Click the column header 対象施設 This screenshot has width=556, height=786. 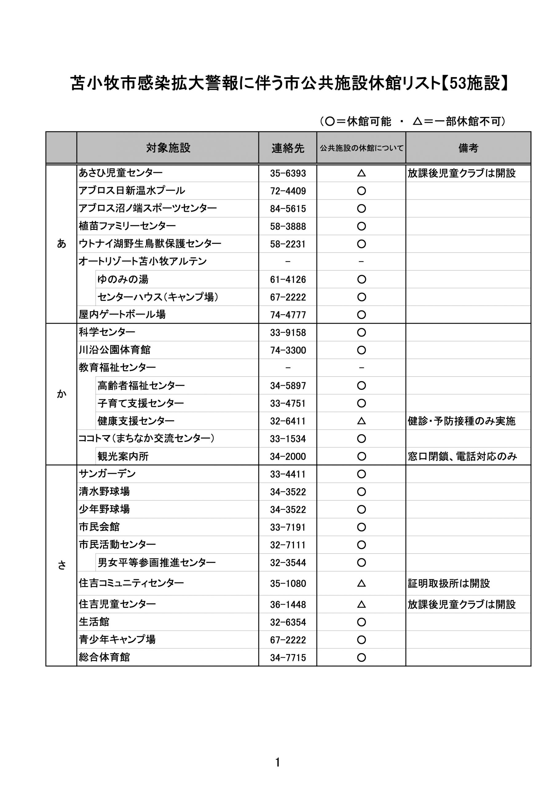(168, 148)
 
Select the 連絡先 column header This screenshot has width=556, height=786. (288, 148)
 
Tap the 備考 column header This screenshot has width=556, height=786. (468, 148)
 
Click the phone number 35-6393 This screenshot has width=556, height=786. (288, 173)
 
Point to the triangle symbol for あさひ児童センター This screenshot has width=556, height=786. (361, 173)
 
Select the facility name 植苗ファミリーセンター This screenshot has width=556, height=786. (127, 226)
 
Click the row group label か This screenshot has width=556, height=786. (61, 394)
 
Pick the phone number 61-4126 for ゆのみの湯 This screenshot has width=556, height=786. (288, 280)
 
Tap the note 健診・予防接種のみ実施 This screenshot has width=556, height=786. (461, 421)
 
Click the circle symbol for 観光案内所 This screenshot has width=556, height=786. (361, 456)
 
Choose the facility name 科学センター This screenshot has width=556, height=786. (107, 332)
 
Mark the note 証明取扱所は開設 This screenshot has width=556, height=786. (449, 583)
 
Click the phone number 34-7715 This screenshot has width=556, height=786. (288, 658)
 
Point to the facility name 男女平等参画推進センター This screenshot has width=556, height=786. (157, 562)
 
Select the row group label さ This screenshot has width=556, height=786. (61, 566)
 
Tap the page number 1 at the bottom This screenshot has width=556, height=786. (278, 762)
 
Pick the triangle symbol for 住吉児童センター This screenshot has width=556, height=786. (361, 605)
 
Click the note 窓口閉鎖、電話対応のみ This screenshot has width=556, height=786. (462, 456)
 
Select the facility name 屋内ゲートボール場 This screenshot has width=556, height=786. (122, 314)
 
